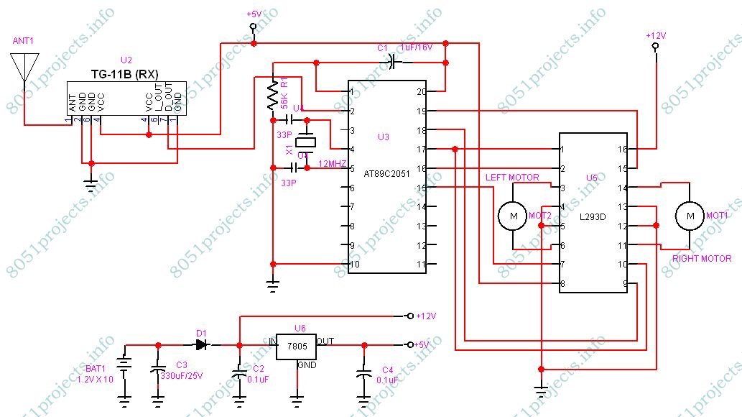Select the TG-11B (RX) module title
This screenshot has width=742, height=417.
pos(125,74)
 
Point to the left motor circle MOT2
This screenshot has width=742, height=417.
pos(513,215)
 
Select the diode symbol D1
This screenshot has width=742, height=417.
pos(203,344)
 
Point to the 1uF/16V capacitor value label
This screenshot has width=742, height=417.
pos(417,48)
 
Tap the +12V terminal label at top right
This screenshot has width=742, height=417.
pos(655,35)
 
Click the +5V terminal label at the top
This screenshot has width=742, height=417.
pos(254,14)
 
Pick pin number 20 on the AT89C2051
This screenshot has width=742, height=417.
pos(421,91)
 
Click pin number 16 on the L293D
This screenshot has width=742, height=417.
pos(622,149)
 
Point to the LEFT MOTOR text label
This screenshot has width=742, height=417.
pos(512,177)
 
